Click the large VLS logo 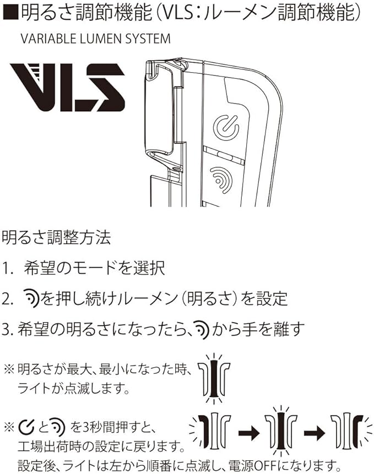click(x=68, y=88)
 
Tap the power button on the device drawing click(x=226, y=127)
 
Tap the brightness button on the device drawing click(x=221, y=179)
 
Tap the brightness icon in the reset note click(x=57, y=427)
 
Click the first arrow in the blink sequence click(x=249, y=433)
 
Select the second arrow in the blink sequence click(x=315, y=433)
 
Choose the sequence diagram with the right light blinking click(x=351, y=432)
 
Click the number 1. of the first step click(x=8, y=268)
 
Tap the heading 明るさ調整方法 click(x=57, y=238)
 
